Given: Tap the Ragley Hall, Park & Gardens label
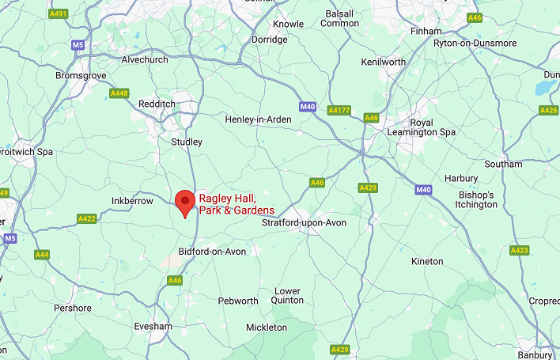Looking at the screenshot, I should tap(236, 204).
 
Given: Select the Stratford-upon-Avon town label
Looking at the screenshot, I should tap(304, 223).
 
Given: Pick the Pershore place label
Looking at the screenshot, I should tap(72, 308).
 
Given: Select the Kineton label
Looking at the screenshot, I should tap(428, 261).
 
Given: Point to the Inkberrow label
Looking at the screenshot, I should tap(132, 201).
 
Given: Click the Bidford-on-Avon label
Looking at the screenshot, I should tap(213, 252).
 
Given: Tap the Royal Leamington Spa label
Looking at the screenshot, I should tap(433, 127).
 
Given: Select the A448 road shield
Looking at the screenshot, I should tap(119, 93).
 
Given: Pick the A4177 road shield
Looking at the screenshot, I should tap(339, 110).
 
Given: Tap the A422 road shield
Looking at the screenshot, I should tap(87, 218).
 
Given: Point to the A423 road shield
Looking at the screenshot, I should tap(519, 250).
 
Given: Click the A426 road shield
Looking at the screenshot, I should tap(548, 110).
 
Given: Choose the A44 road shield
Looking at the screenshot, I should tap(42, 255).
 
